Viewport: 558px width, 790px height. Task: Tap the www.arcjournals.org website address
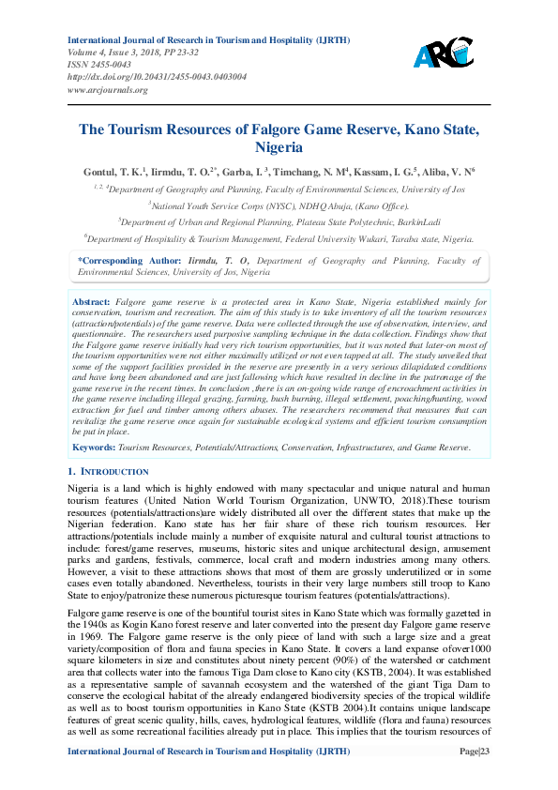(x=108, y=90)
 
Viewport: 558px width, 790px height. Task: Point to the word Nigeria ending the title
(x=279, y=148)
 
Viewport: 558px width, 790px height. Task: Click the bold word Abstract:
(x=93, y=302)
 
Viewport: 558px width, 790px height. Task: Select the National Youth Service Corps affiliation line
(x=279, y=205)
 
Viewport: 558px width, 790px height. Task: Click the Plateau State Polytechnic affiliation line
(x=279, y=221)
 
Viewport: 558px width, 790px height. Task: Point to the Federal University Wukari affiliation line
(x=279, y=238)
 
